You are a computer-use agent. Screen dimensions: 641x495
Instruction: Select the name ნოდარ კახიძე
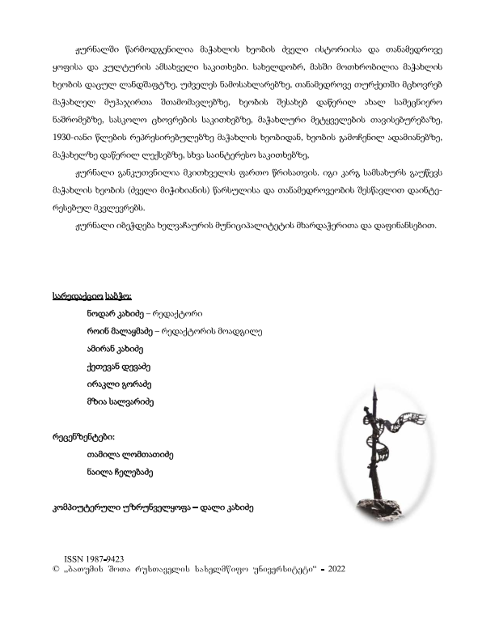(113, 312)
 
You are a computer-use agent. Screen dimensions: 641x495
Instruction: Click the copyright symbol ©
(53, 570)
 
